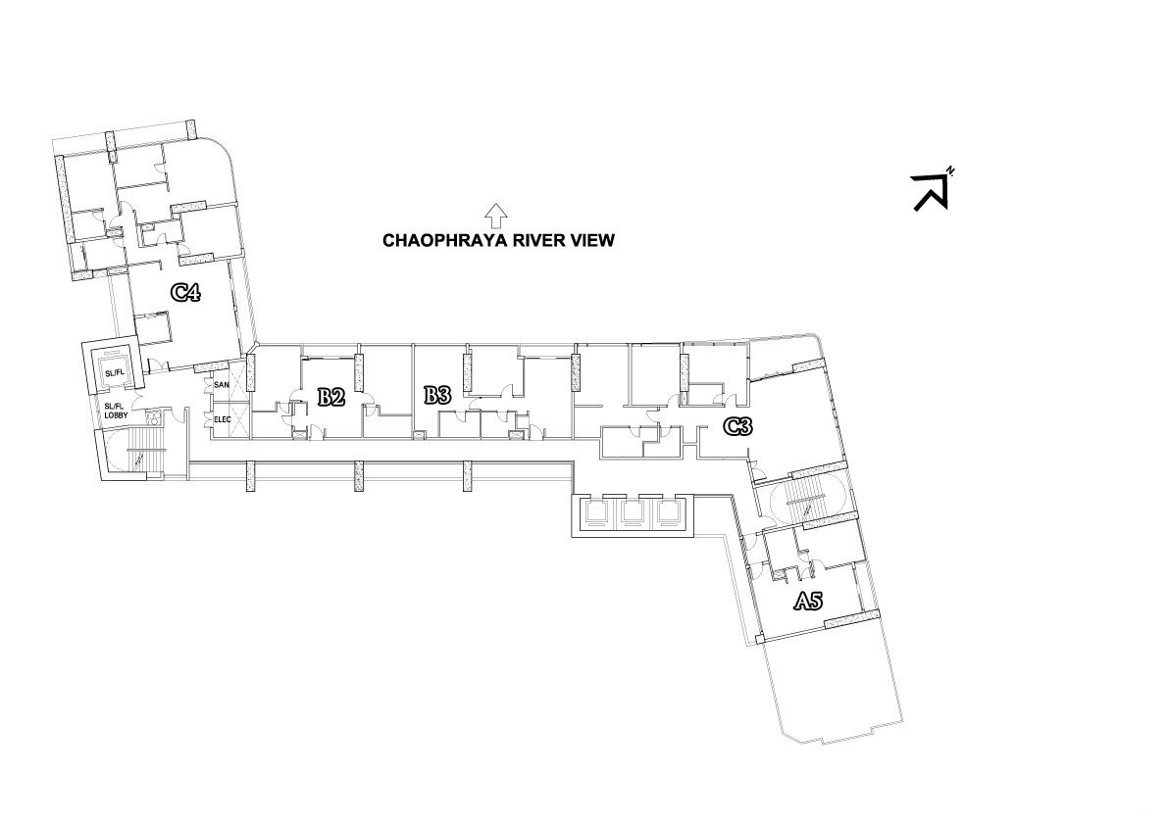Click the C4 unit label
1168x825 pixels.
click(x=185, y=292)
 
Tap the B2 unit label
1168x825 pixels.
click(x=330, y=397)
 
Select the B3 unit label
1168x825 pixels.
click(x=437, y=394)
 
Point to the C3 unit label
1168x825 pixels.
click(x=738, y=426)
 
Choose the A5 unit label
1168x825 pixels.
click(x=807, y=601)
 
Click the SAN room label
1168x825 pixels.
click(x=222, y=385)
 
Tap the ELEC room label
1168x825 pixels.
click(x=223, y=419)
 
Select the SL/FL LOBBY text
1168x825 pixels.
click(x=116, y=411)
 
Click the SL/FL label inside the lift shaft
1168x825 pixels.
click(x=114, y=372)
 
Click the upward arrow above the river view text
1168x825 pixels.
click(x=495, y=216)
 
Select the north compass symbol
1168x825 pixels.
click(x=932, y=190)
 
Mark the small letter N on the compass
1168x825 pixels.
click(x=949, y=171)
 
